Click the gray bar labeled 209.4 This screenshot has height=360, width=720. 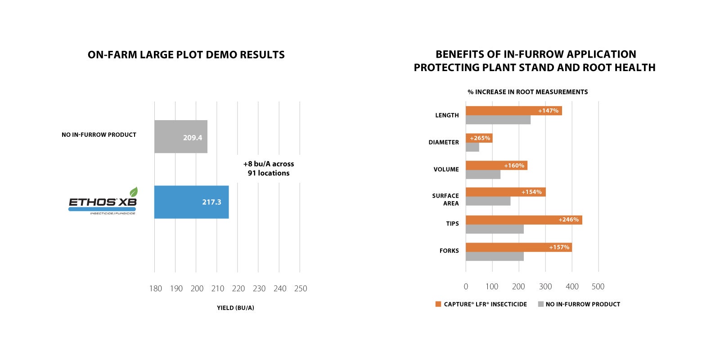point(180,136)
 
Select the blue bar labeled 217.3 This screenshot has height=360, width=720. point(191,202)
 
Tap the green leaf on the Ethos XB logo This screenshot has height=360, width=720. point(134,192)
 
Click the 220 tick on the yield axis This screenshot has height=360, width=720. point(238,288)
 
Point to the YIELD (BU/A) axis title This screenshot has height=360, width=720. point(235,308)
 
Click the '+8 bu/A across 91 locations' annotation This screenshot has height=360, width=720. point(269,168)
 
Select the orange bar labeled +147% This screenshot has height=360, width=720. point(513,111)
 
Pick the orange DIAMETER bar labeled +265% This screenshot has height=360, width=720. point(479,138)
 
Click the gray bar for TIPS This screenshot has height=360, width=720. point(495,229)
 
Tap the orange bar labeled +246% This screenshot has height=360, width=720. point(524,220)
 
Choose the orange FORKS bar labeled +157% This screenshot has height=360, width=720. point(518,247)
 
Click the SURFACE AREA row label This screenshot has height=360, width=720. point(445,199)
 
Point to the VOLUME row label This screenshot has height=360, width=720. point(446,169)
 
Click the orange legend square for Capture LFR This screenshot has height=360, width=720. point(438,304)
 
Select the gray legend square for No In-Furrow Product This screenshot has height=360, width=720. point(540,304)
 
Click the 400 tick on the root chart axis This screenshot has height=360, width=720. point(572,287)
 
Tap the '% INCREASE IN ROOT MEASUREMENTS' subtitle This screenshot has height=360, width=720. point(527,92)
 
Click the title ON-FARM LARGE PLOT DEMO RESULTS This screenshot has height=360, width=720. point(186,55)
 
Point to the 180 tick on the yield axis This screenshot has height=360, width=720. point(155,288)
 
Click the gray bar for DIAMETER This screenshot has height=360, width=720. point(472,147)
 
